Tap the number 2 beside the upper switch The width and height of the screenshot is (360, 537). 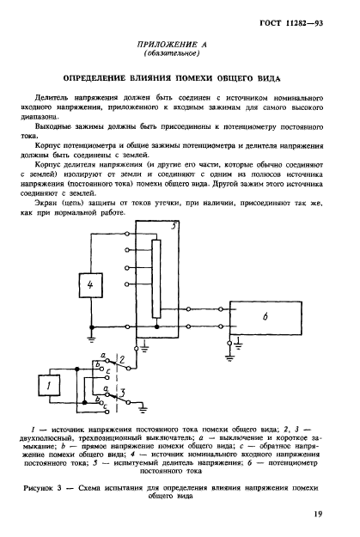(123, 358)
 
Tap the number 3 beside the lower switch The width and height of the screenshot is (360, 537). (125, 395)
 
